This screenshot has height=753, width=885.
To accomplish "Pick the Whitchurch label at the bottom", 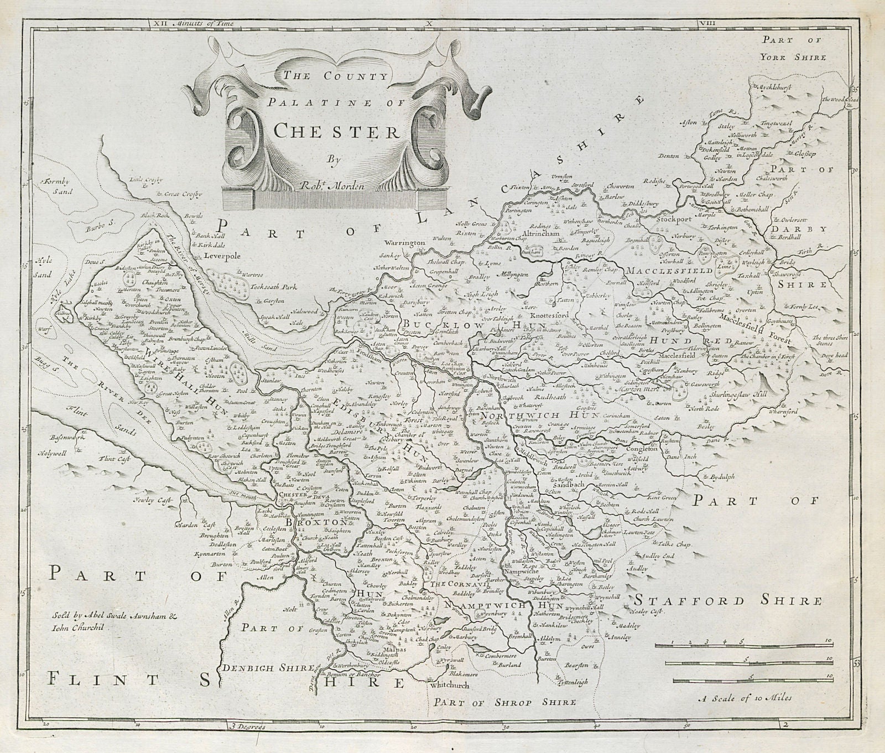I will (450, 685).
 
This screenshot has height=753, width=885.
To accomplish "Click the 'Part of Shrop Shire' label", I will (505, 702).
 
